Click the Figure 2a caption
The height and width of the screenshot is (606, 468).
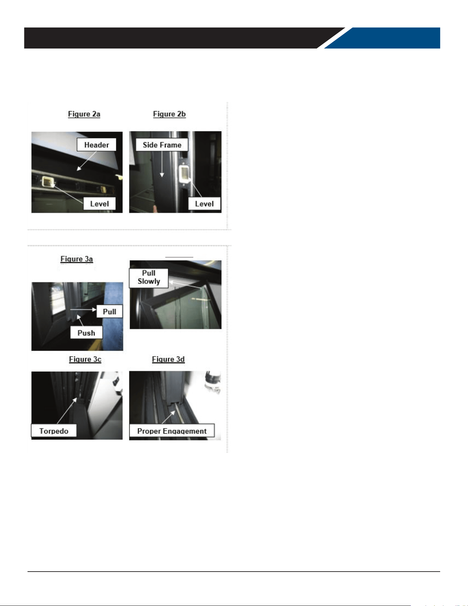(x=84, y=114)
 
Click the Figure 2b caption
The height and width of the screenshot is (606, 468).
(x=169, y=114)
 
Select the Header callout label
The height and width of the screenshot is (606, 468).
(x=96, y=145)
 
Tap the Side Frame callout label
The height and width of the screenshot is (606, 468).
(x=162, y=145)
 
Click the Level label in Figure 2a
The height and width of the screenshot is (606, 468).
(x=99, y=204)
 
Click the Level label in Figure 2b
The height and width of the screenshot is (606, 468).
(x=204, y=204)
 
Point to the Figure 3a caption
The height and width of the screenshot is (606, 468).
(x=77, y=259)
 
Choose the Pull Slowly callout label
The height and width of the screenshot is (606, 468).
(x=149, y=277)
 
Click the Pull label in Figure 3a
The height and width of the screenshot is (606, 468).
(x=109, y=311)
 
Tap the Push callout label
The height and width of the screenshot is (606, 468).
(x=86, y=333)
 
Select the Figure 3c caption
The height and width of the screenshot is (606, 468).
(x=85, y=359)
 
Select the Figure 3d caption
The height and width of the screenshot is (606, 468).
(x=168, y=359)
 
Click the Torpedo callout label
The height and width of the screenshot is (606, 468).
(x=54, y=431)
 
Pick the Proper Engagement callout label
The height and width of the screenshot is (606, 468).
(x=172, y=431)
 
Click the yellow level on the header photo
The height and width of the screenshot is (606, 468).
(x=47, y=182)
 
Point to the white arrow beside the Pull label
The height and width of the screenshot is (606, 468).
(x=83, y=310)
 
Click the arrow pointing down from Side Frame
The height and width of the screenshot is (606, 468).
(x=162, y=164)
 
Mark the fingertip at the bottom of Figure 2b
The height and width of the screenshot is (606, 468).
(x=156, y=208)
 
